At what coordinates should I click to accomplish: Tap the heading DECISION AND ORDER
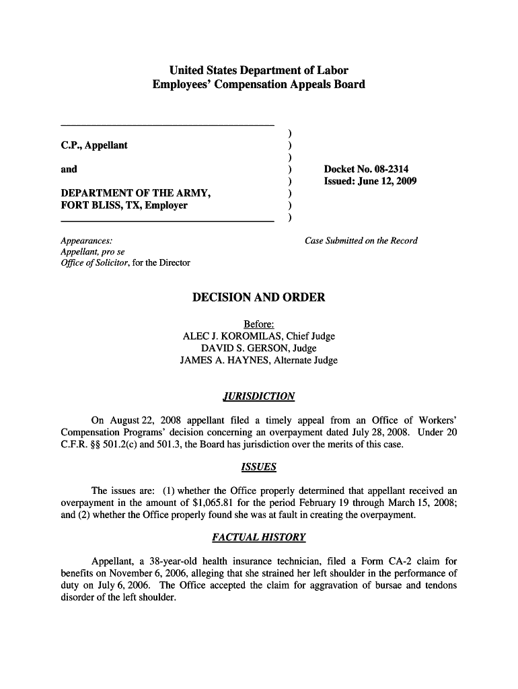coord(258,297)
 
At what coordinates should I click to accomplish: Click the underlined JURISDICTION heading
coord(258,396)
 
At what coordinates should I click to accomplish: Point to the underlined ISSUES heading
coord(258,467)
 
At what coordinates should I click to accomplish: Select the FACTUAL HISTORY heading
coord(258,538)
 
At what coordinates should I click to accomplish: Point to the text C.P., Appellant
coord(94,145)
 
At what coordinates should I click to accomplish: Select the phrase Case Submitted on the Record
coord(361,241)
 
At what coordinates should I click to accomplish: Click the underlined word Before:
coord(258,324)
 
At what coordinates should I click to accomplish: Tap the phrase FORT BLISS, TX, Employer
coord(124,205)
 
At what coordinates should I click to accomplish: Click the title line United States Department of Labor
coord(258,71)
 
